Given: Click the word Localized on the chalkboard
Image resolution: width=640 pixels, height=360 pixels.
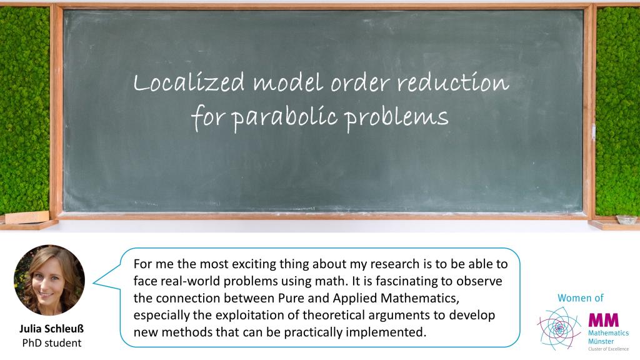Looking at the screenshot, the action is coord(189,82).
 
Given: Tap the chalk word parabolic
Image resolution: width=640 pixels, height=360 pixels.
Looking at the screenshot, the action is coord(284,117).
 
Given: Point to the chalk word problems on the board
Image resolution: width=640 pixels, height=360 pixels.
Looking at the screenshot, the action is coord(396,117).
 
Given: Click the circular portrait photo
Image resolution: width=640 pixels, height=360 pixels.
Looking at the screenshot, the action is coord(49,280).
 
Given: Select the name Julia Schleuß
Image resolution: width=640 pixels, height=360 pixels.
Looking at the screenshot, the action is coord(51,329).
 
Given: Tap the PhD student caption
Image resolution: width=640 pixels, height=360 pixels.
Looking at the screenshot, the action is coord(52,343).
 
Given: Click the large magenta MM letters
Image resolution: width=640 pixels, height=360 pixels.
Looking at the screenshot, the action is coord(603,320).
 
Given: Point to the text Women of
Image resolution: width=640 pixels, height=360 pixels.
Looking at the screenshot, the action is coord(581,298).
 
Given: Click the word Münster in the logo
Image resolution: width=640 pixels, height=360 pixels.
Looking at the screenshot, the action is coord(601,341).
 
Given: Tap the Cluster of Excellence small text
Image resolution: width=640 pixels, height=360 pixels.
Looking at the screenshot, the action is coord(608,349).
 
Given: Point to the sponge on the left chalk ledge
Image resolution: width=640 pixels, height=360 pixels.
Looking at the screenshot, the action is coord(27,217).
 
